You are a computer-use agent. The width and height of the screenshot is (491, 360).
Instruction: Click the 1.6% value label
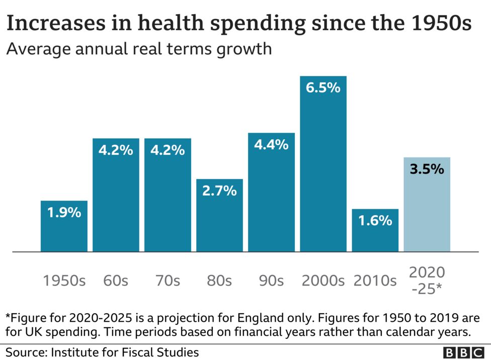375,220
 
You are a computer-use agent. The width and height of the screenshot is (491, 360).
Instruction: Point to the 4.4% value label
271,145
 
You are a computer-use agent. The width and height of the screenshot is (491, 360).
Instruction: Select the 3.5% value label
427,169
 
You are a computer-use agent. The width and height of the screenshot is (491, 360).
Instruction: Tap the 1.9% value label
64,212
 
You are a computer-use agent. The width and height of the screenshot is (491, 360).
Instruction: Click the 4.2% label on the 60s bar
116,150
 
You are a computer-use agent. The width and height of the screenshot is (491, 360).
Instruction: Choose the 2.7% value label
219,191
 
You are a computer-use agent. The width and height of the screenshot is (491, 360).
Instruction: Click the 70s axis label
168,281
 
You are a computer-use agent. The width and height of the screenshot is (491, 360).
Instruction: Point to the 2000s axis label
323,281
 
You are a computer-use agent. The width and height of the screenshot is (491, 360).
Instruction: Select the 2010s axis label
375,281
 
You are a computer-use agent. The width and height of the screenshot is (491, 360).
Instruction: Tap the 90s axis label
271,281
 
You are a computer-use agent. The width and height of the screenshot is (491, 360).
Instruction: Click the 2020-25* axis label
427,281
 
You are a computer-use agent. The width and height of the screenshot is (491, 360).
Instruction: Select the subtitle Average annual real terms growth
139,49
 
